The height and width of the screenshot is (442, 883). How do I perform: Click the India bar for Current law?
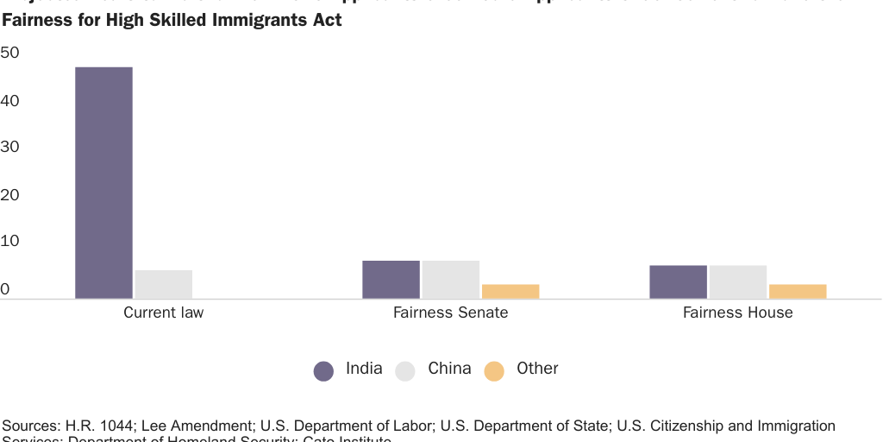click(103, 183)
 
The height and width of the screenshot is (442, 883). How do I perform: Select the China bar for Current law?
click(164, 284)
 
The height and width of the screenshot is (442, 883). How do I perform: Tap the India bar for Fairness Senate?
click(391, 280)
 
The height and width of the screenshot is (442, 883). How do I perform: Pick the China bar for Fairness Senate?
click(451, 280)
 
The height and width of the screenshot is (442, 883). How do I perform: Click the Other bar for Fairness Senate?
click(510, 292)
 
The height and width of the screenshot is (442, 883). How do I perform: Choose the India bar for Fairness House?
click(678, 282)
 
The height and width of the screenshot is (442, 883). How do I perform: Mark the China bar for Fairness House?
click(738, 282)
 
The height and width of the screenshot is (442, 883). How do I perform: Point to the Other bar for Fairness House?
click(798, 292)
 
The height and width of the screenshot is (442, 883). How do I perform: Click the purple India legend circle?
click(323, 371)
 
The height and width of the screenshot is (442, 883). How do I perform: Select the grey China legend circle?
click(406, 371)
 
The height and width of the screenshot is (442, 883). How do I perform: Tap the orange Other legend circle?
click(494, 371)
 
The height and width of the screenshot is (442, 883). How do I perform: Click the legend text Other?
click(537, 369)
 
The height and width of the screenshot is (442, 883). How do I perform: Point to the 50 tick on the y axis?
click(10, 54)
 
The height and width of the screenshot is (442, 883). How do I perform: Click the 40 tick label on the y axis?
click(10, 101)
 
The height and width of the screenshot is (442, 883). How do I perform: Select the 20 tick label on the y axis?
click(10, 195)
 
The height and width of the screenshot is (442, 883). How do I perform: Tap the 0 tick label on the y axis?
click(5, 289)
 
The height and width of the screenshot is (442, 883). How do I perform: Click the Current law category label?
click(164, 313)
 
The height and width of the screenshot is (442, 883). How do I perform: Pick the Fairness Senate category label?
click(450, 313)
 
